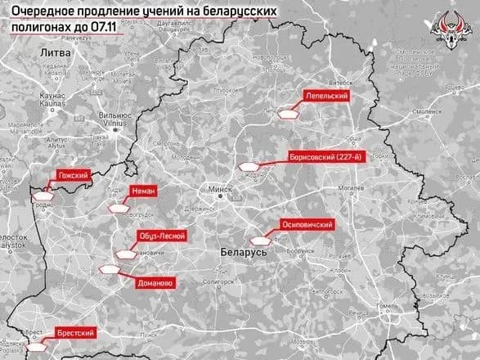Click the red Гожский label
pos(71,174)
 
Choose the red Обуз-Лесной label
pos(163,236)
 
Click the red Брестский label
pos(74,333)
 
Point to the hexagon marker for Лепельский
pos(286,115)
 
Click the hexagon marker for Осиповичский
pos(261,241)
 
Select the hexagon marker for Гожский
pos(42,196)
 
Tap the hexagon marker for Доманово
pos(108,268)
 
